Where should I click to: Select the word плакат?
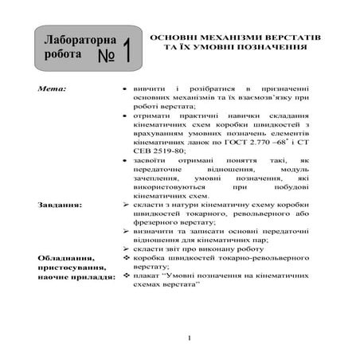coord(147,282)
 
